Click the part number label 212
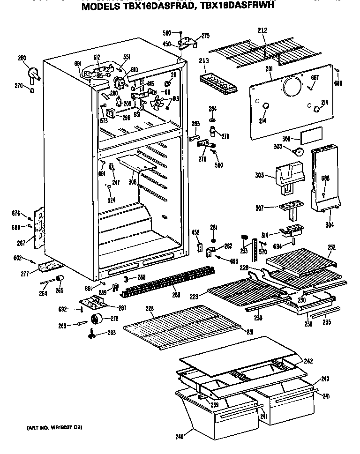pyautogui.click(x=262, y=30)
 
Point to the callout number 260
pyautogui.click(x=22, y=59)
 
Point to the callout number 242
pyautogui.click(x=308, y=361)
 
